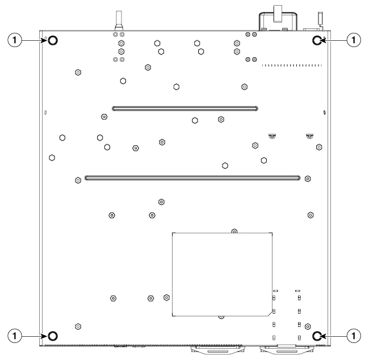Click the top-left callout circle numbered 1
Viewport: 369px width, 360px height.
[15, 40]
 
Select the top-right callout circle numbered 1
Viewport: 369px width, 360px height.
[354, 40]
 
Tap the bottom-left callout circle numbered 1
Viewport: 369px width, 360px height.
[15, 336]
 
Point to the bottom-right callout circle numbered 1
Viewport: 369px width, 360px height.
[354, 336]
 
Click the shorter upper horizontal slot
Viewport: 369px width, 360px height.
[185, 108]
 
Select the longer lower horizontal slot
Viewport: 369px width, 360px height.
[192, 178]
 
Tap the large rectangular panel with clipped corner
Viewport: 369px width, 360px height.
[222, 274]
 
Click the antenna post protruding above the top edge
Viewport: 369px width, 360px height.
[119, 20]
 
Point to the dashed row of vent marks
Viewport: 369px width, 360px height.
[292, 65]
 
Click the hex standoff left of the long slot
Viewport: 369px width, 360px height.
[78, 180]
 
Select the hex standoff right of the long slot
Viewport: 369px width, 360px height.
[308, 179]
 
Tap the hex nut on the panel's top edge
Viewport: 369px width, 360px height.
[234, 231]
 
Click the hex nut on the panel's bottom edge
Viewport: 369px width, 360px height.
[221, 317]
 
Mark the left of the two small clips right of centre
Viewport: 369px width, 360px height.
[272, 136]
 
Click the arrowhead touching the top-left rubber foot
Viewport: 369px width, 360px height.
[44, 40]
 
